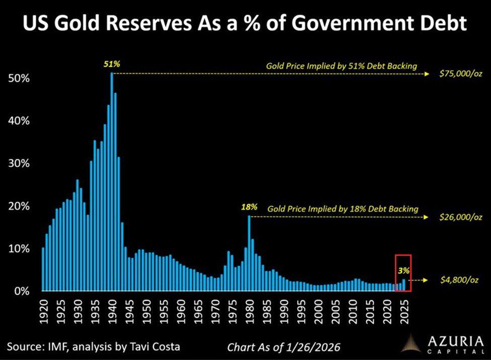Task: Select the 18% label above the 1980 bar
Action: [x=249, y=207]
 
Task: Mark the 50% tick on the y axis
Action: [x=19, y=79]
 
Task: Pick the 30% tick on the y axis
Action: [x=19, y=164]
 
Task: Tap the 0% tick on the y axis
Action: [x=21, y=292]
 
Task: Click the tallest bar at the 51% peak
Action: [x=112, y=181]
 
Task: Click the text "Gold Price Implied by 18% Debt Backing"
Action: [x=343, y=208]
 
